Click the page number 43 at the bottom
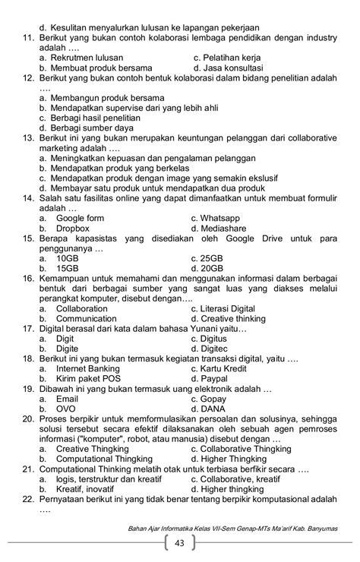[179, 544]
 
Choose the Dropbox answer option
[73, 228]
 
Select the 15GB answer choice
[68, 267]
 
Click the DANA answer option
[213, 408]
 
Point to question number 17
[28, 328]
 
